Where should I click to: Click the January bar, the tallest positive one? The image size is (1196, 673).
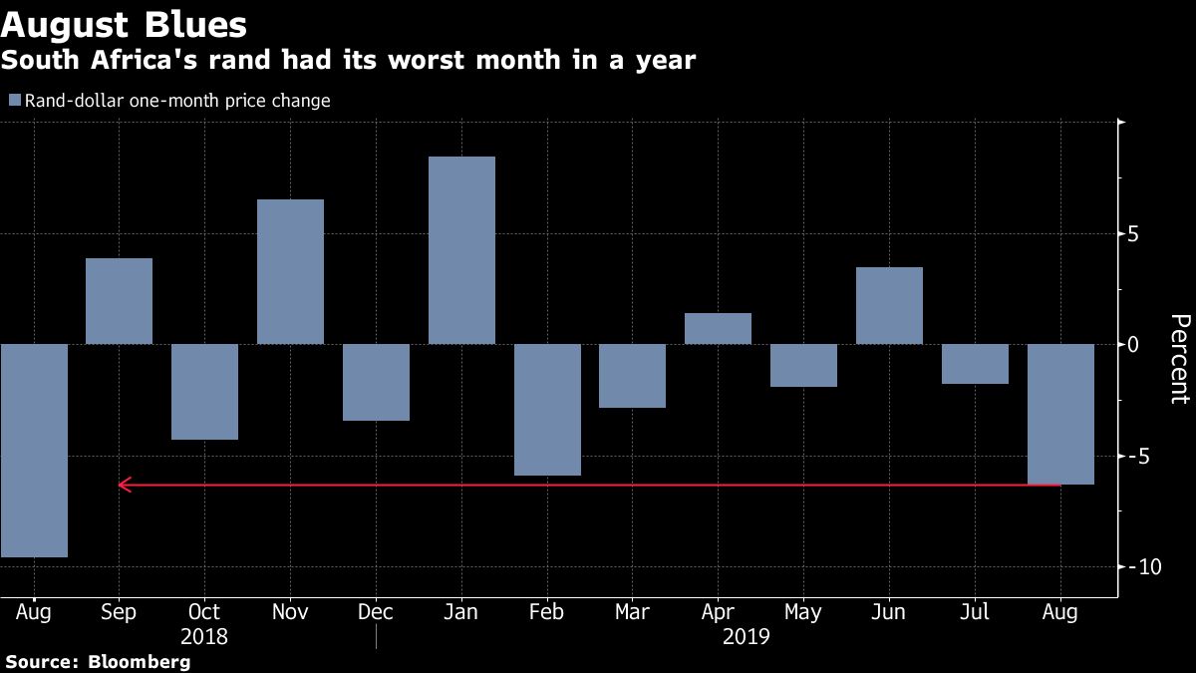coord(461,250)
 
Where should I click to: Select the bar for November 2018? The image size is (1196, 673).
coord(290,272)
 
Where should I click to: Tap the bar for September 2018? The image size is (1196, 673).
coord(119,301)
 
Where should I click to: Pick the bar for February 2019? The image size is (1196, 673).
coord(547,410)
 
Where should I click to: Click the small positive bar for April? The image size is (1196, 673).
coord(719,328)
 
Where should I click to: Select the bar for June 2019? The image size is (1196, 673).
coord(889,305)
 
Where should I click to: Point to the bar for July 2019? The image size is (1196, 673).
coord(975,364)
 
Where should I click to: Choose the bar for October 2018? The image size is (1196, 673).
coord(205,392)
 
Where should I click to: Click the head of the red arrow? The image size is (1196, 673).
coord(120,485)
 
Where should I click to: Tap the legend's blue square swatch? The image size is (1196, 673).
coord(15,100)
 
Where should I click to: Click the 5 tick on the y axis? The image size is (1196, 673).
coord(1133,234)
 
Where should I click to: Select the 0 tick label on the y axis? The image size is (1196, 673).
coord(1133,345)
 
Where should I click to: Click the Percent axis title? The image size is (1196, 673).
coord(1180,359)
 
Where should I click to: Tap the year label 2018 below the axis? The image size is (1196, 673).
coord(204,637)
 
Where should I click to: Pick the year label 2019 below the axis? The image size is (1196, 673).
coord(746,637)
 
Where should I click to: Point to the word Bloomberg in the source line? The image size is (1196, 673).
coord(139,662)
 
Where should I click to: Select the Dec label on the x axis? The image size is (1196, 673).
coord(376,612)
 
